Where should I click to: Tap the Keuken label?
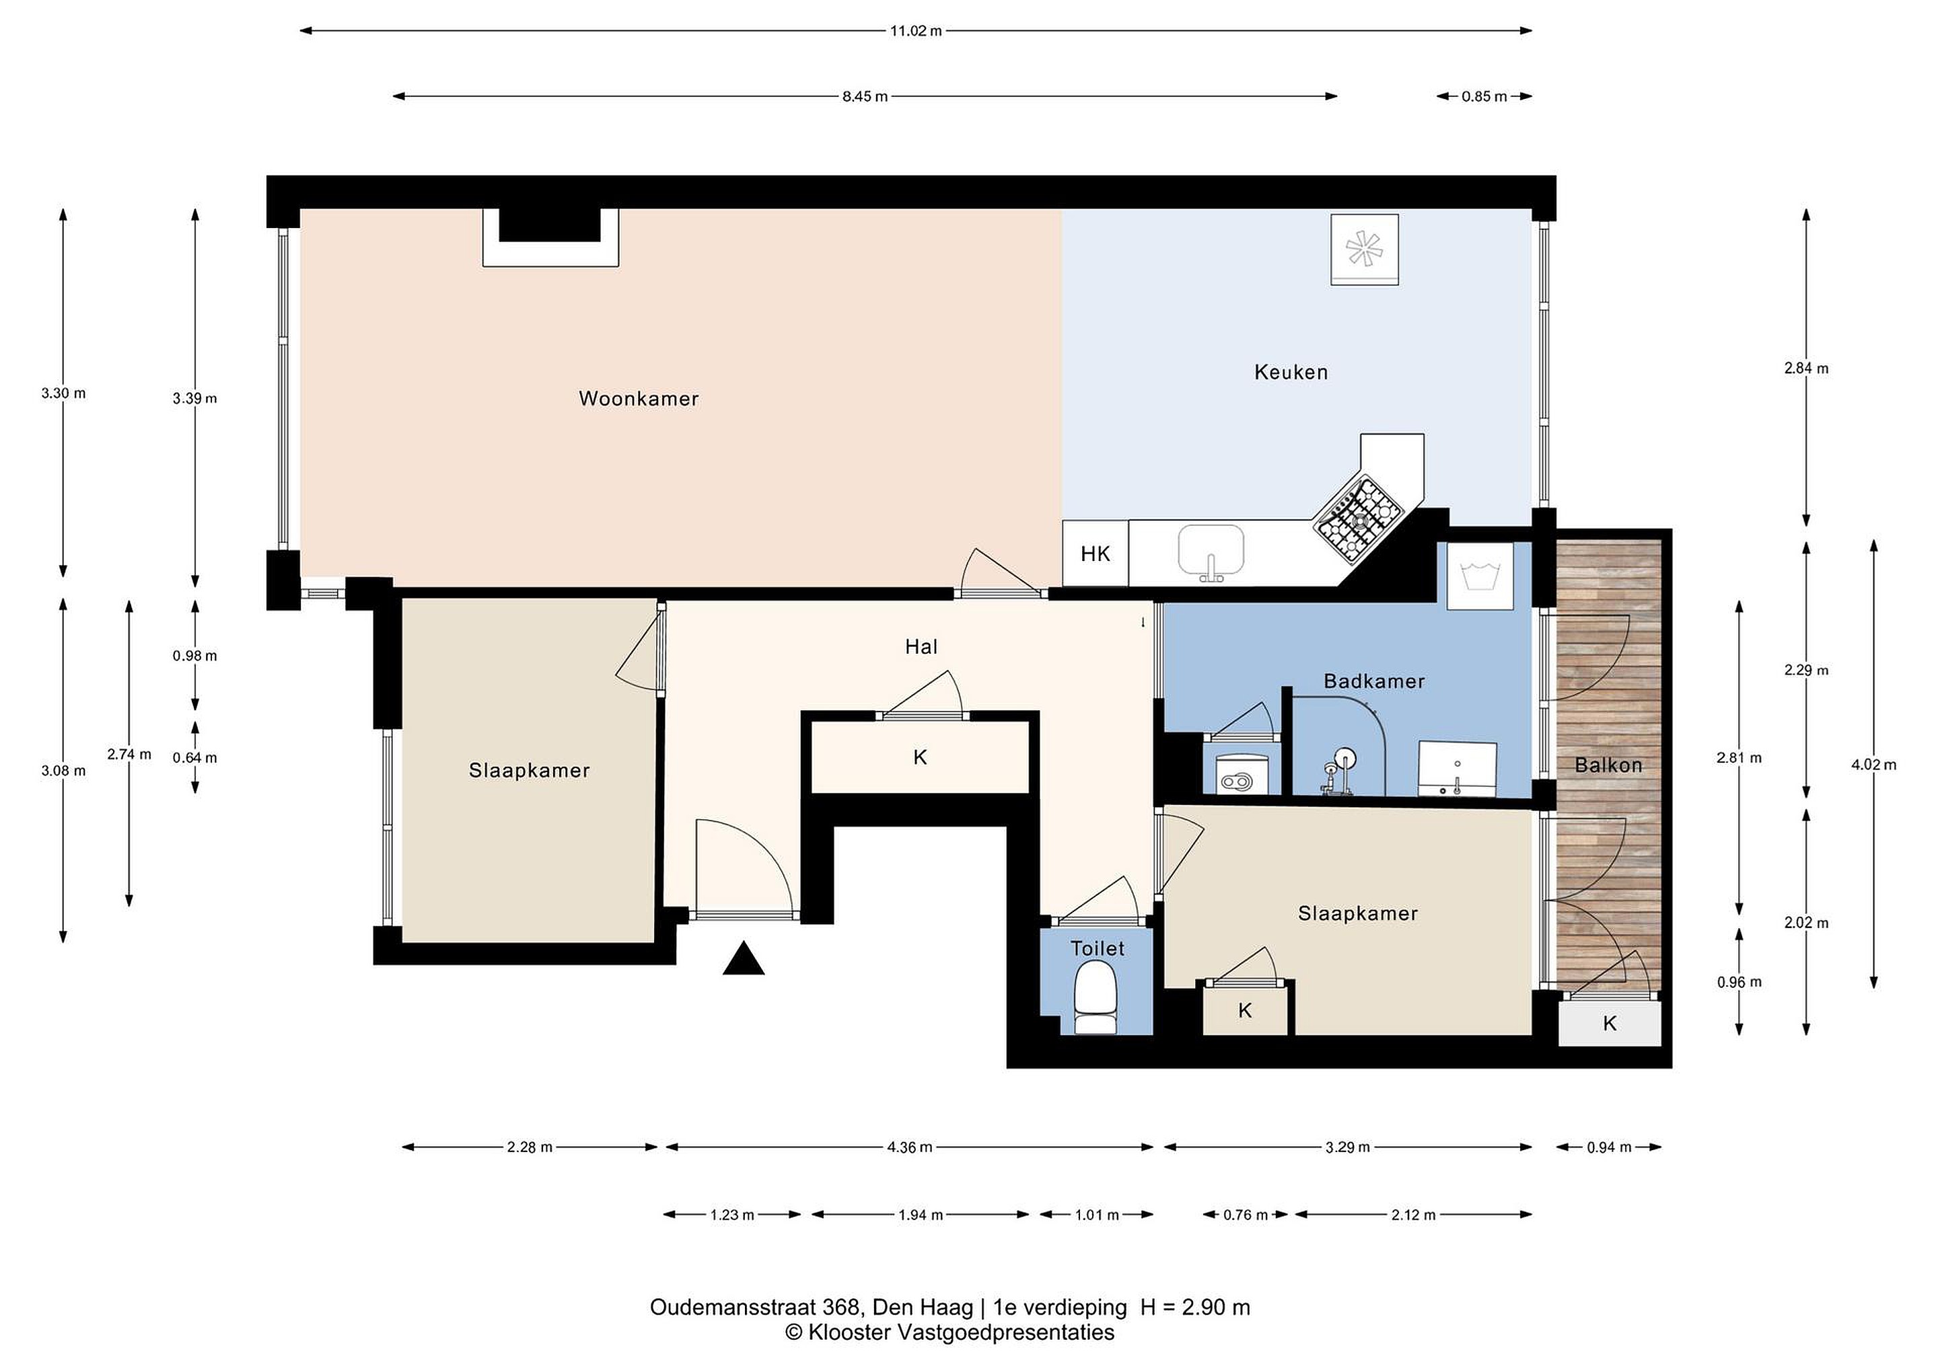1291,372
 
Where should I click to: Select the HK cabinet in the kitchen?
1095,554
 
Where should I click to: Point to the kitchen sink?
1211,553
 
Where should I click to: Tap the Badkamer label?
1373,681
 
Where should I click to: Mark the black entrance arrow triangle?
744,959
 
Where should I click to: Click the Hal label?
921,647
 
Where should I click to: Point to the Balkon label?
1608,765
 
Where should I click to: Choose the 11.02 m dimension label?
916,31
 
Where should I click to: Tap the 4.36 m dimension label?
909,1147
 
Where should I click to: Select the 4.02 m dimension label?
1874,765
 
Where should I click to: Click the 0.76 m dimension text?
1245,1215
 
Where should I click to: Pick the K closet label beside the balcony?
1610,1023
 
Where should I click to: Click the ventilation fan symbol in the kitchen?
1365,250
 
